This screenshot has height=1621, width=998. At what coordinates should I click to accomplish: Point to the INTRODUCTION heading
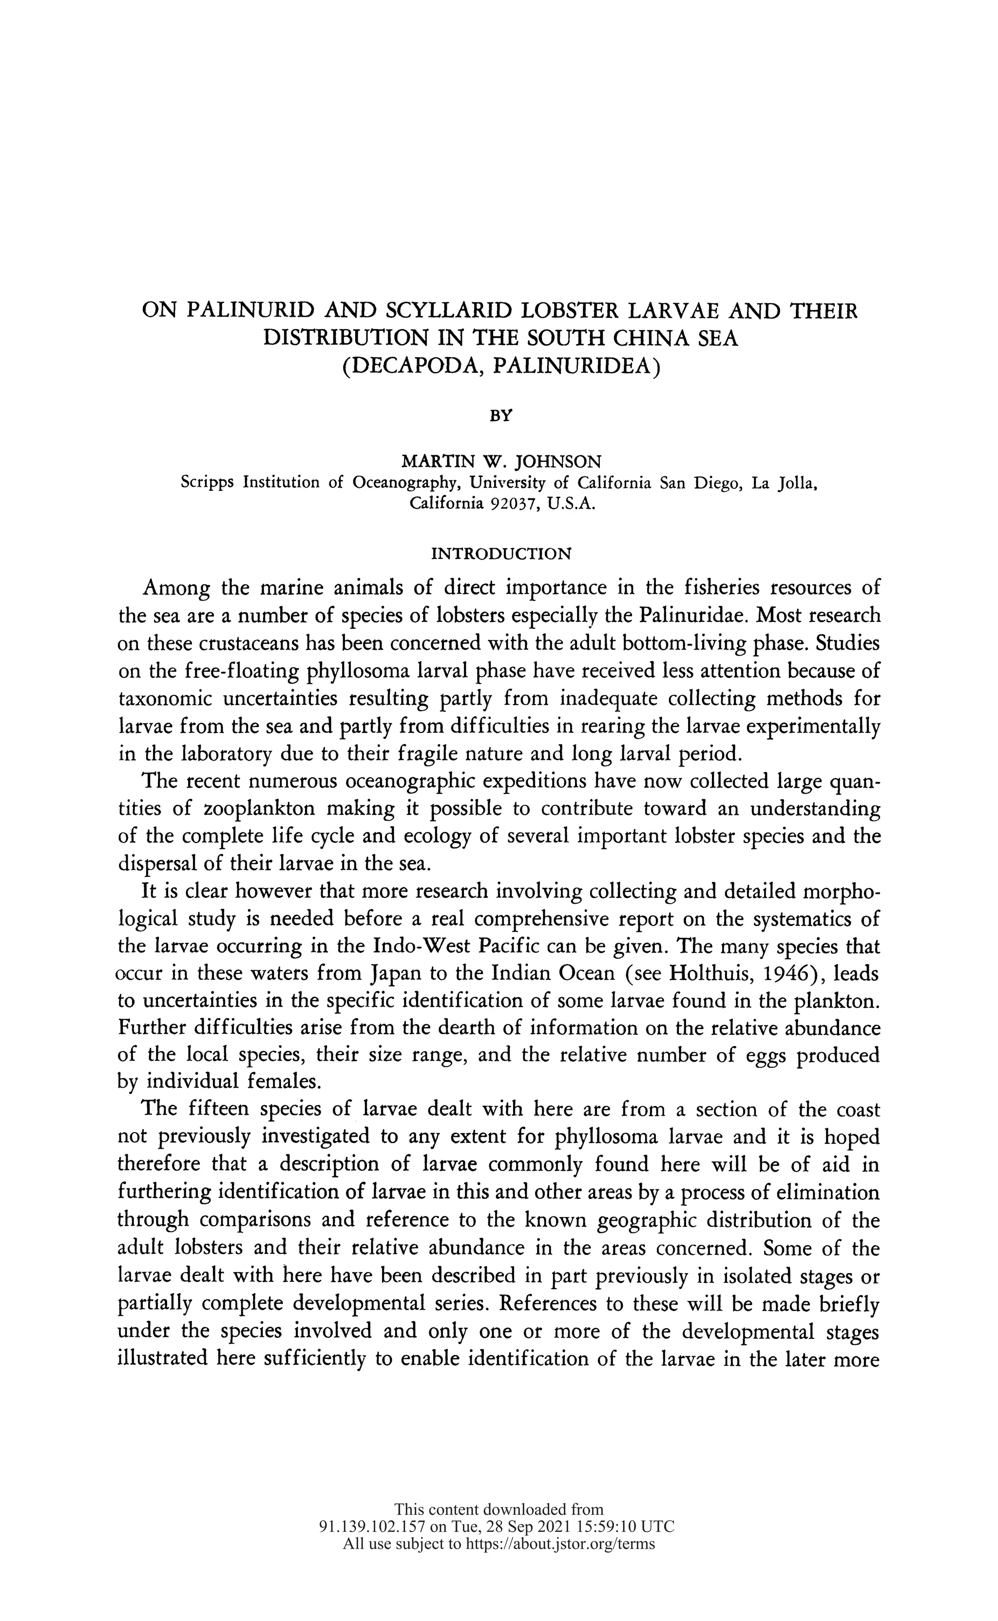click(x=501, y=553)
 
